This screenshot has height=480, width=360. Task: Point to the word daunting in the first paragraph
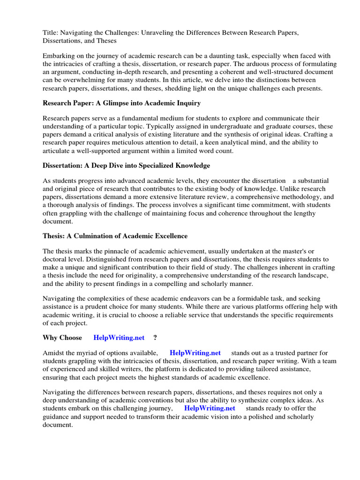221,55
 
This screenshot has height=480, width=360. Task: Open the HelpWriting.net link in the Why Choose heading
118,337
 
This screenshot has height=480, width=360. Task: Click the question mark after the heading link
155,337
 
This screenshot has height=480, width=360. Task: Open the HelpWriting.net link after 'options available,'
195,352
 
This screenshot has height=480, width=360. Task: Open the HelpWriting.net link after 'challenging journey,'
210,408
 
